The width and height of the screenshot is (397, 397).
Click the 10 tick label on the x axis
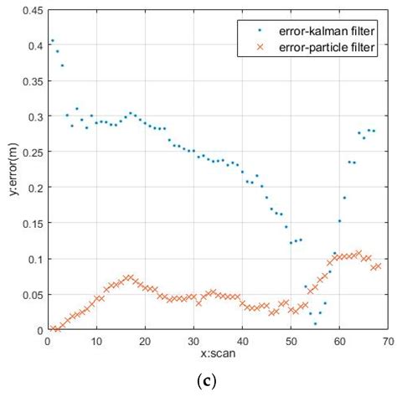[96, 341]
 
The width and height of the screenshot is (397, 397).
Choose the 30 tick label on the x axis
[193, 341]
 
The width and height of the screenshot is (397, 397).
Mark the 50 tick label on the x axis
[291, 341]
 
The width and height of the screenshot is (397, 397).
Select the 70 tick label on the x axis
[389, 341]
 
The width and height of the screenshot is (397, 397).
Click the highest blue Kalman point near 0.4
[53, 40]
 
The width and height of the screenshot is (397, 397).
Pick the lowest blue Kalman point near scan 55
[315, 323]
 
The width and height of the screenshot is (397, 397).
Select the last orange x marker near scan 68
[379, 266]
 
